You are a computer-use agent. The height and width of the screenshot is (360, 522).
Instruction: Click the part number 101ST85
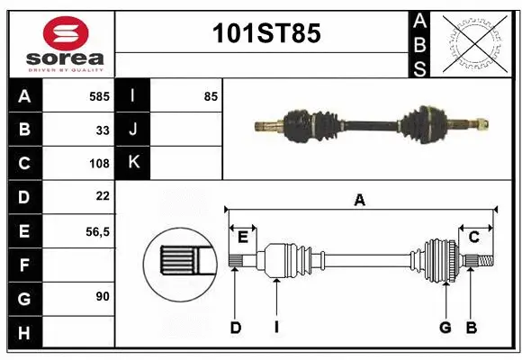[265, 34]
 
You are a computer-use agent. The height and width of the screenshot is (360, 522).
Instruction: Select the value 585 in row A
[100, 95]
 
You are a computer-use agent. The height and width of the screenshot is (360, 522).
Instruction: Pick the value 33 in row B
[103, 130]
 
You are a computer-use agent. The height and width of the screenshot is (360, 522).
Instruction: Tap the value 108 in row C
[100, 164]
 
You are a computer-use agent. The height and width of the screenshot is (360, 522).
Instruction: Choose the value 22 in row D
[103, 196]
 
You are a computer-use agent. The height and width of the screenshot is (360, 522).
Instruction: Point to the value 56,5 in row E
[97, 231]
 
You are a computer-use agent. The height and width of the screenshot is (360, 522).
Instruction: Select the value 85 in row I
[211, 95]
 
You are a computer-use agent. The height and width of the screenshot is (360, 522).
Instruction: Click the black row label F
[23, 265]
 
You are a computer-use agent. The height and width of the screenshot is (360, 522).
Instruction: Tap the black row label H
[23, 333]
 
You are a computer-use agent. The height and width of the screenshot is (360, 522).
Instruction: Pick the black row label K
[133, 163]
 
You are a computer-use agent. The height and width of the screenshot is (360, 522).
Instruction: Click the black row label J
[133, 130]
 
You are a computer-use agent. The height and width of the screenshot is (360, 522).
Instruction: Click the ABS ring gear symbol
[473, 42]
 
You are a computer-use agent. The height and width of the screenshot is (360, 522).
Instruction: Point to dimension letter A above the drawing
[359, 200]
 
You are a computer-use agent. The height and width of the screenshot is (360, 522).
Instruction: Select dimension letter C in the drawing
[473, 238]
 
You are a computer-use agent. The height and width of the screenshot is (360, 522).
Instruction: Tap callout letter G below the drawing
[445, 328]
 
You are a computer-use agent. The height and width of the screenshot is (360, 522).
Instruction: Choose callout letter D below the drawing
[236, 328]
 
